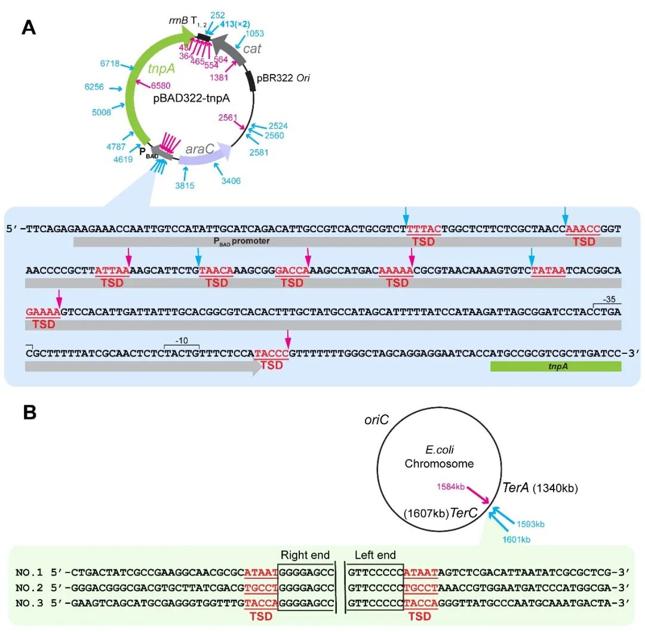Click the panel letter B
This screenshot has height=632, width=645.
pos(30,412)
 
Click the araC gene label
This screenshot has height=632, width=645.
pos(199,149)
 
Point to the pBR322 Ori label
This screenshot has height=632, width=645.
pos(283,78)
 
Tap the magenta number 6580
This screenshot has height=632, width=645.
pos(160,86)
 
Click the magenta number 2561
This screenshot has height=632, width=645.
pos(227,118)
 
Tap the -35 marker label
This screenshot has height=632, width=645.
pos(610,298)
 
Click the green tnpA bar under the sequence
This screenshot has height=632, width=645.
pos(555,366)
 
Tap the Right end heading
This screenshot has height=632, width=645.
pos(305,555)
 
